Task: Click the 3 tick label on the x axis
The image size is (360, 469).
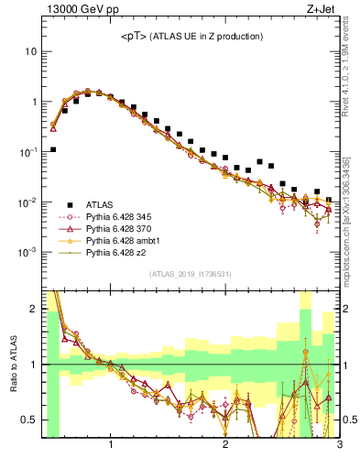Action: point(339,446)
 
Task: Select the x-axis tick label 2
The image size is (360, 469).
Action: point(225,446)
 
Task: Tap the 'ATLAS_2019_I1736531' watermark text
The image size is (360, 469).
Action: point(191,274)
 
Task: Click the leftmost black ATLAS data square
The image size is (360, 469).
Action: point(53,149)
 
